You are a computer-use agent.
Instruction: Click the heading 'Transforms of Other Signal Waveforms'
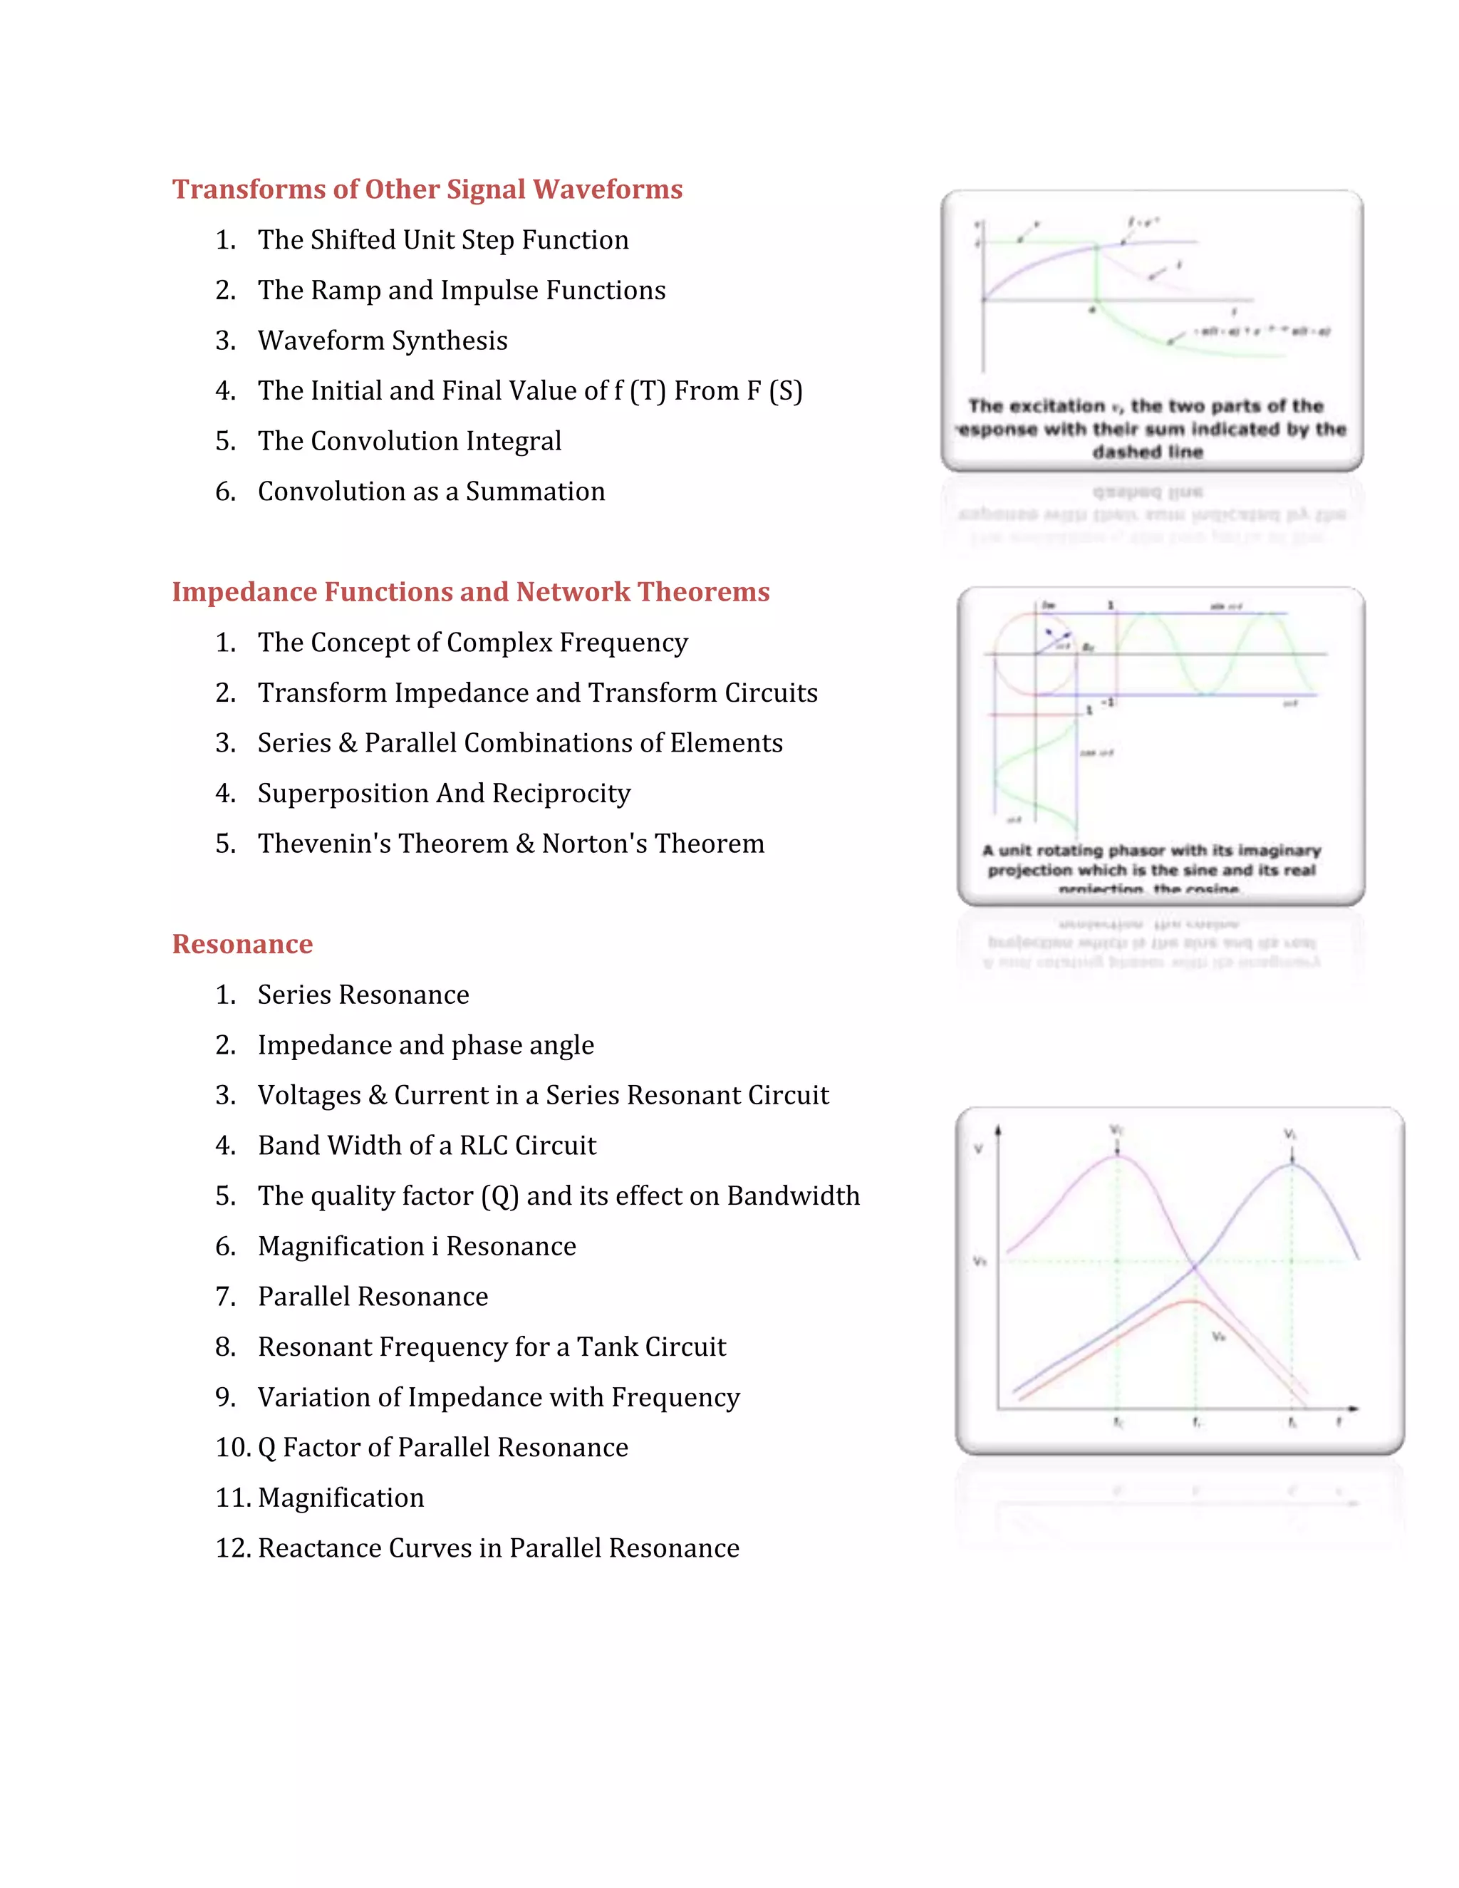click(x=427, y=189)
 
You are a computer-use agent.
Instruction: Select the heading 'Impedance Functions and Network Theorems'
click(x=470, y=591)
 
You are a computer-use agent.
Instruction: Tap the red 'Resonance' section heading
click(x=242, y=943)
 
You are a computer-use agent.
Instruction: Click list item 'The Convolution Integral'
click(x=409, y=441)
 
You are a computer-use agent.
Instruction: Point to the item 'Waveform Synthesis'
click(x=382, y=341)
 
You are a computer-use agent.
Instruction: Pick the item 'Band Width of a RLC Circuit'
click(x=426, y=1146)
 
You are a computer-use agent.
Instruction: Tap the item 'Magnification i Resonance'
click(x=416, y=1245)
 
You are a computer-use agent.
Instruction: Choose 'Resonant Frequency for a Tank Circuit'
click(x=491, y=1347)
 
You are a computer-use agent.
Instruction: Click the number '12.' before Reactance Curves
click(x=232, y=1547)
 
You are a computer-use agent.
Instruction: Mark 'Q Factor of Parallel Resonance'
click(x=442, y=1447)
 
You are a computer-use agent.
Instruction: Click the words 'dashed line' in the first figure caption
click(x=1147, y=451)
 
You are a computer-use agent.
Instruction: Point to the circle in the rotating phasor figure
click(x=1034, y=655)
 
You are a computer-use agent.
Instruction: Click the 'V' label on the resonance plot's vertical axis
click(x=977, y=1149)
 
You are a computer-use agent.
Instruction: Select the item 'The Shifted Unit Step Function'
click(x=442, y=239)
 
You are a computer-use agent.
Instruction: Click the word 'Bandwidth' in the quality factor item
click(x=793, y=1195)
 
